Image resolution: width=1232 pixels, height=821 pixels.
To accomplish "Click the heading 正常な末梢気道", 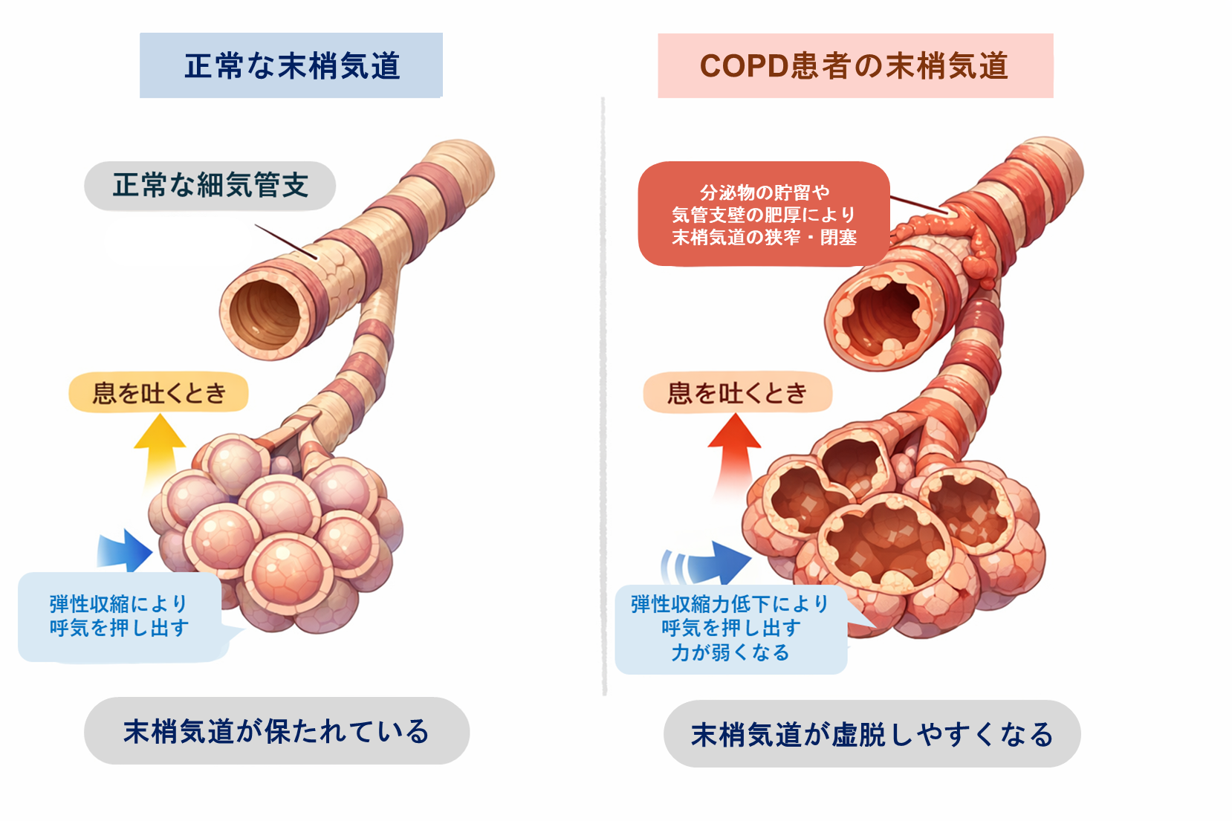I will click(x=291, y=65).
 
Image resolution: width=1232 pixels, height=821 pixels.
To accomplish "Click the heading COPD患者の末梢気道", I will click(x=855, y=65).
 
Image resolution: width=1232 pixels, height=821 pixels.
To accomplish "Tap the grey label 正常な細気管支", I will click(x=210, y=186).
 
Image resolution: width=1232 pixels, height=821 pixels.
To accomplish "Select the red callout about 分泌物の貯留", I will click(x=764, y=214).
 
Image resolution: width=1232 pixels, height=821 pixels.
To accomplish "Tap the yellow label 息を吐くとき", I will click(x=158, y=392).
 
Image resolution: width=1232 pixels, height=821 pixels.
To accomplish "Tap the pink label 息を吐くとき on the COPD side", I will click(x=737, y=392).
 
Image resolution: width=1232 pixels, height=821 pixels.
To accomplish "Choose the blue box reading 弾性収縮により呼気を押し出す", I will click(x=119, y=617).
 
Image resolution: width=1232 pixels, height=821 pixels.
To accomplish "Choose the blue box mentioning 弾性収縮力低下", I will click(x=730, y=629).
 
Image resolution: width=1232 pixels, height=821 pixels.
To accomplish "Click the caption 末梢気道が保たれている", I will click(x=276, y=731).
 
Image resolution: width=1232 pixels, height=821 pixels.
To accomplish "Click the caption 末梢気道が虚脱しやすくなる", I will click(x=872, y=734).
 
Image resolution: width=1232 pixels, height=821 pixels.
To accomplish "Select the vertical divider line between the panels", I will click(x=603, y=394).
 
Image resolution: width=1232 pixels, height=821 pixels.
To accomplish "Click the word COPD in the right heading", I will click(x=744, y=65).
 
